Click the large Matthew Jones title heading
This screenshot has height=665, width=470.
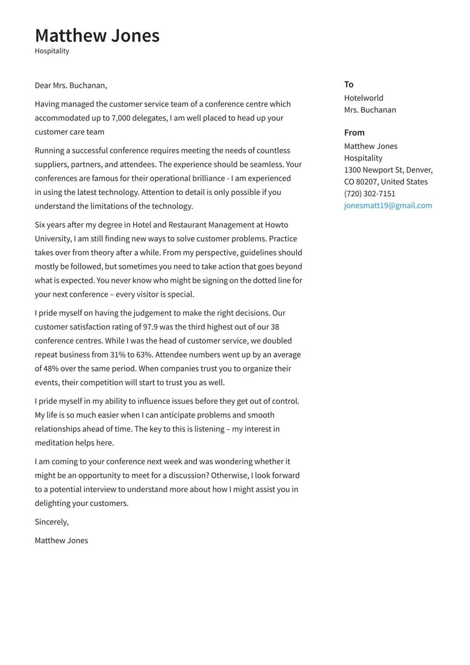pyautogui.click(x=97, y=35)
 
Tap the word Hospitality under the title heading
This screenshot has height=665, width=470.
pyautogui.click(x=52, y=51)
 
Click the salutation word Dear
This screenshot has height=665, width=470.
pyautogui.click(x=43, y=86)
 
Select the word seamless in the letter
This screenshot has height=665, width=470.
pyautogui.click(x=266, y=165)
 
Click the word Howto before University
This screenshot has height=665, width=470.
pyautogui.click(x=276, y=225)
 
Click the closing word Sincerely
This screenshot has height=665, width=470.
pyautogui.click(x=51, y=522)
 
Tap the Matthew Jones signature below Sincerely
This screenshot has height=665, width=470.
pyautogui.click(x=61, y=541)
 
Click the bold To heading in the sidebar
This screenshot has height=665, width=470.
pyautogui.click(x=349, y=85)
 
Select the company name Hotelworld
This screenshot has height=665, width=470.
pyautogui.click(x=364, y=98)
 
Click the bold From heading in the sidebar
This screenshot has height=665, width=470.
pyautogui.click(x=354, y=133)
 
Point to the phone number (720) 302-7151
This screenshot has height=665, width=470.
pyautogui.click(x=369, y=194)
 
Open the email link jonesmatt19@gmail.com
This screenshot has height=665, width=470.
pyautogui.click(x=388, y=206)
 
